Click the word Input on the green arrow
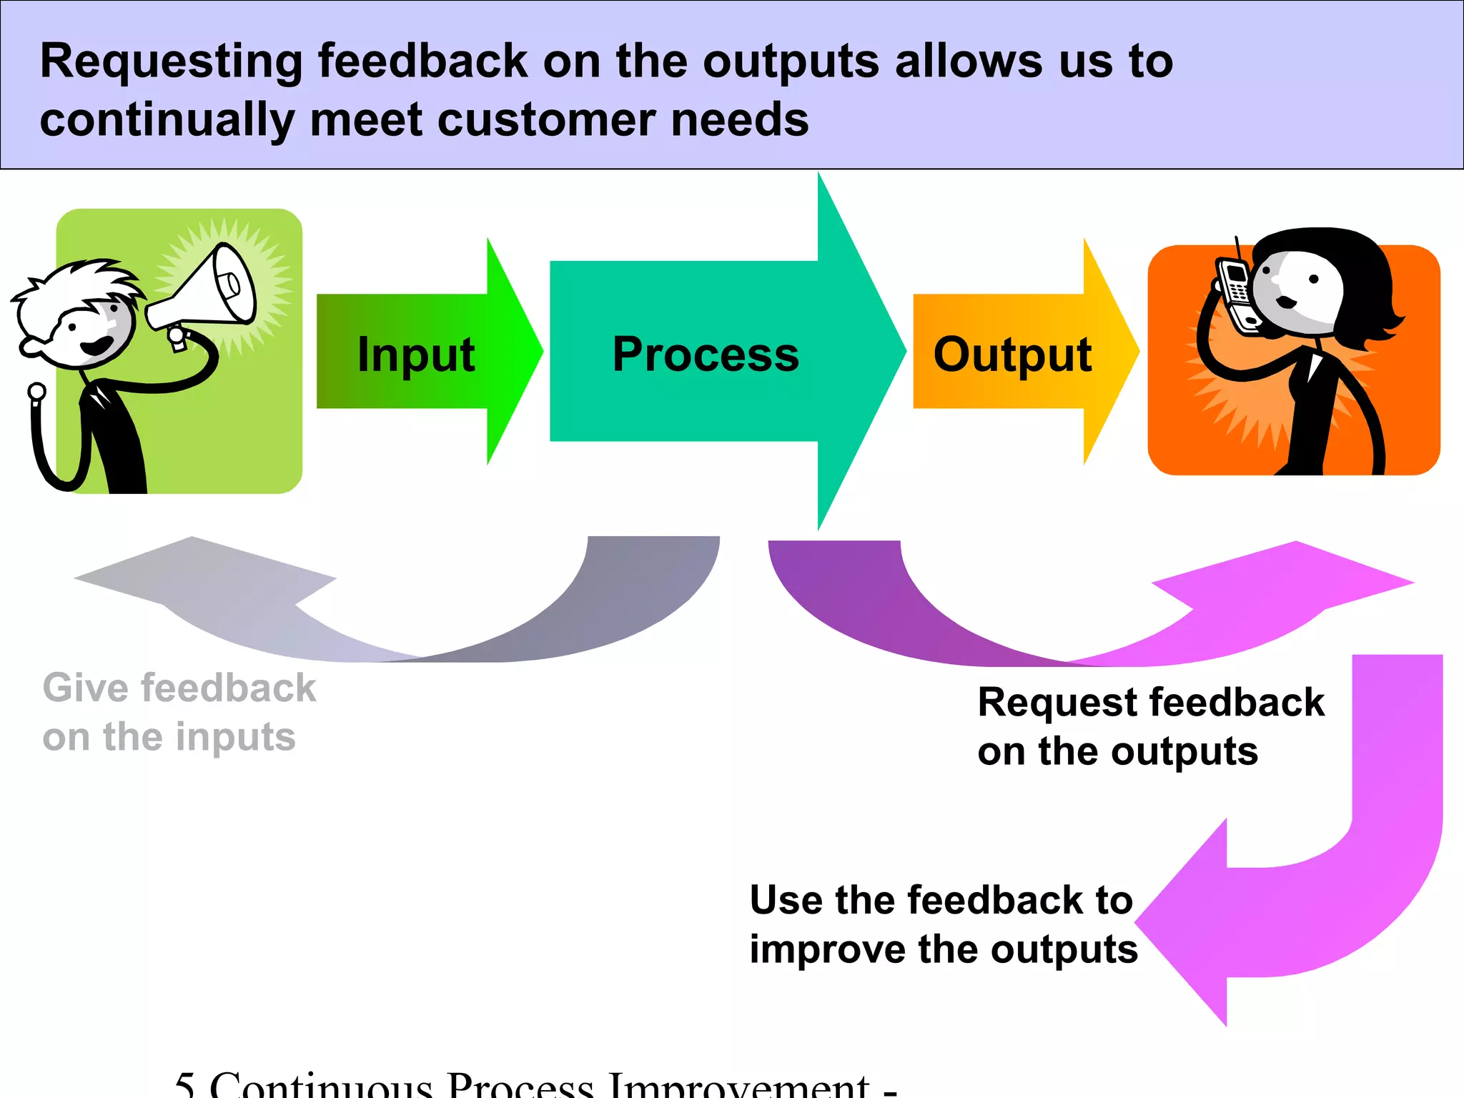[416, 354]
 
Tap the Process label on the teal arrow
[706, 354]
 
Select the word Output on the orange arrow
[1012, 354]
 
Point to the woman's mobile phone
[1237, 292]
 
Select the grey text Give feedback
[179, 688]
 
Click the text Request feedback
[1150, 702]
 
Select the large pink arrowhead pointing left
[1187, 922]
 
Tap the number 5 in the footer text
[184, 1085]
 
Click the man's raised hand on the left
[36, 392]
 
